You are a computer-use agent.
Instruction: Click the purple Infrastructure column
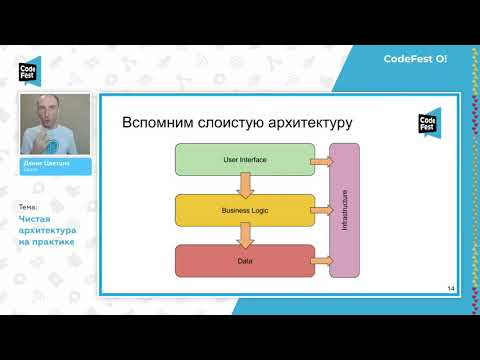click(344, 210)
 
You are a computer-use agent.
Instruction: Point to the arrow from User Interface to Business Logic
click(244, 185)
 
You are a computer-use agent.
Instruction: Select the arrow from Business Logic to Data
click(244, 236)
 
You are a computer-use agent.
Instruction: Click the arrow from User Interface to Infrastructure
click(319, 160)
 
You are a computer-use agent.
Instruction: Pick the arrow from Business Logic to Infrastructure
click(319, 211)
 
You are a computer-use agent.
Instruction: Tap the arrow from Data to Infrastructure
click(319, 261)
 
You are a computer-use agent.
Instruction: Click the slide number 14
click(451, 289)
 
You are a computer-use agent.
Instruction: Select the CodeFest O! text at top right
click(415, 59)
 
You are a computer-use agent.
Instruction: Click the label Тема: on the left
click(27, 207)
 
